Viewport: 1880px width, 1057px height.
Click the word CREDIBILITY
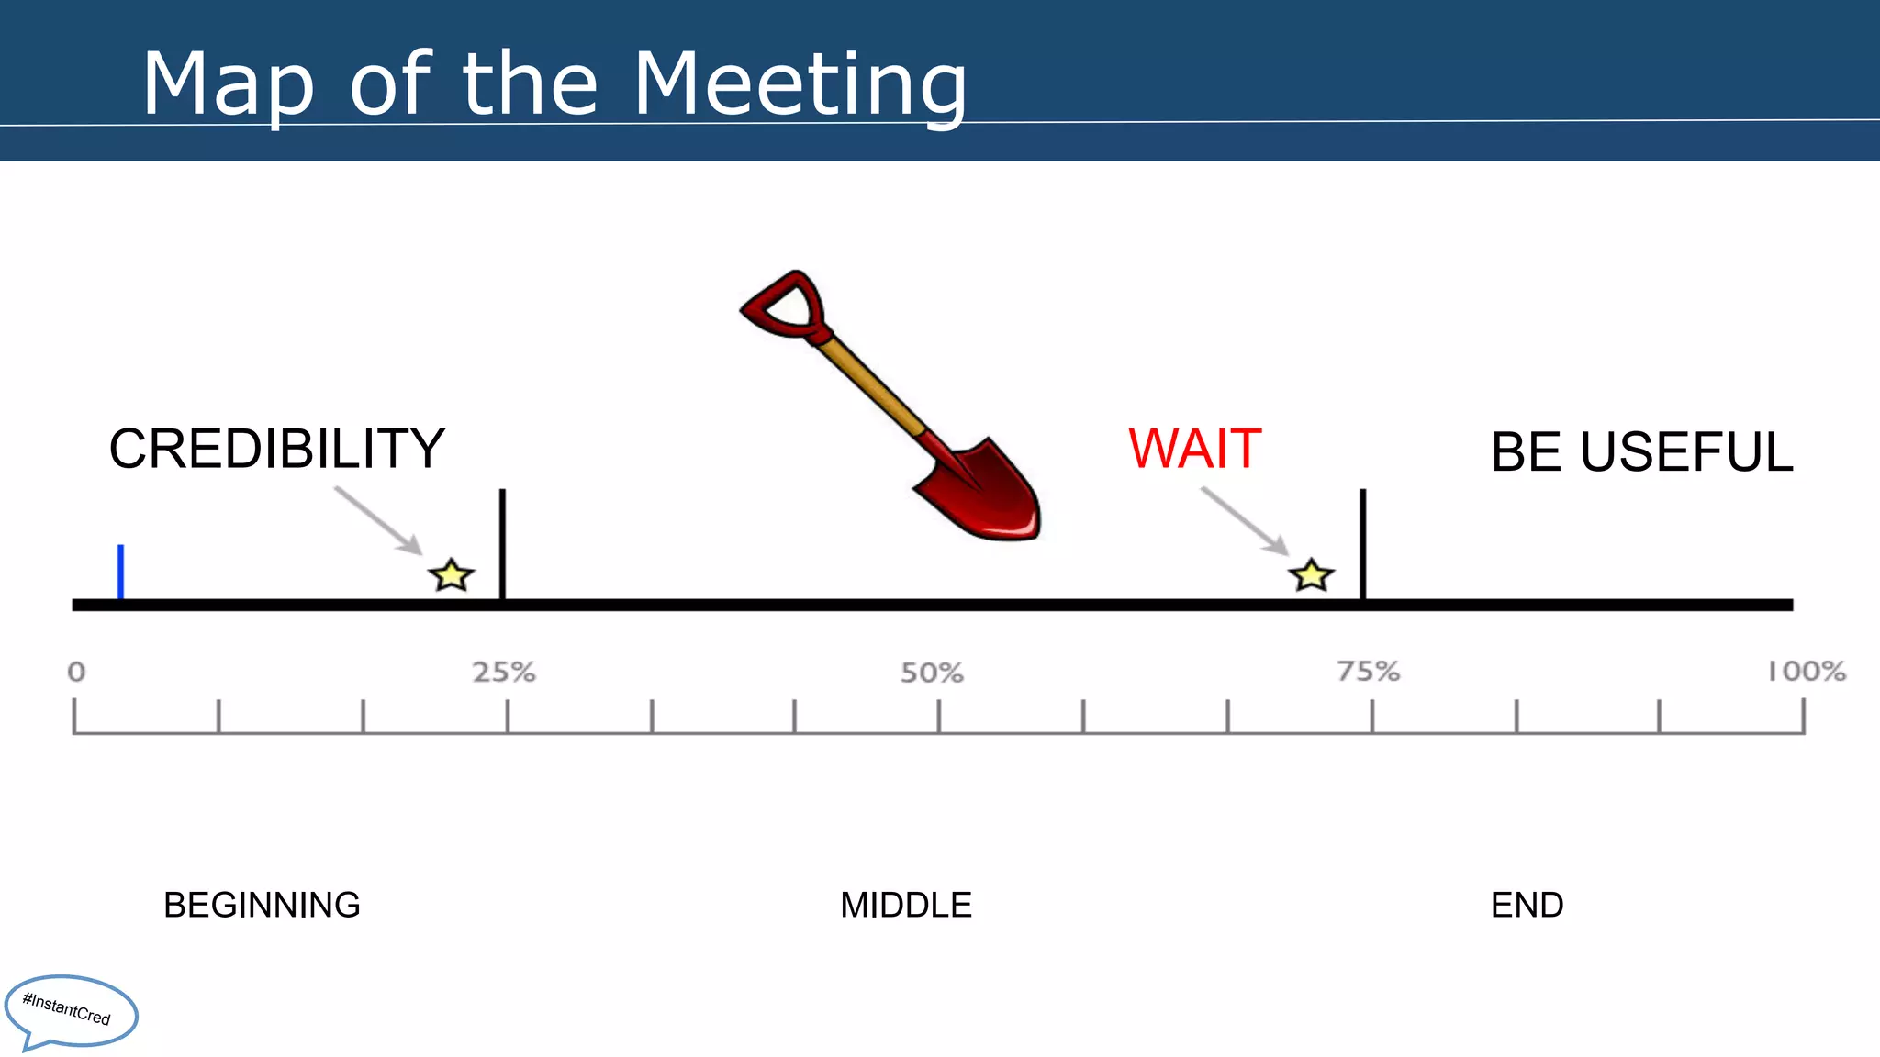(276, 449)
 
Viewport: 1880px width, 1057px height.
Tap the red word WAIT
(1194, 449)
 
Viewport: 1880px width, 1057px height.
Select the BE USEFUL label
(1641, 452)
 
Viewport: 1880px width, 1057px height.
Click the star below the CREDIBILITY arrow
(451, 576)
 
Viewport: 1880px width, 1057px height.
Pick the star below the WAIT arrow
(1311, 576)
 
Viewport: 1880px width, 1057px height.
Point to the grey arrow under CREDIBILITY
(378, 520)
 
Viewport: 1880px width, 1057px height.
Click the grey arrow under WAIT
(1245, 520)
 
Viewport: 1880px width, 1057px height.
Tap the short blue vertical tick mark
(120, 572)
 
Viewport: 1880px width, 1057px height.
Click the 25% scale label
(504, 673)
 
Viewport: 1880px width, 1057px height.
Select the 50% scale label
(932, 673)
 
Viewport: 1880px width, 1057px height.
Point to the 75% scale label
(1368, 672)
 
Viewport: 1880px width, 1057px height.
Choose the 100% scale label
(1807, 672)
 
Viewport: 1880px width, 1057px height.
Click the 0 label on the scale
(76, 673)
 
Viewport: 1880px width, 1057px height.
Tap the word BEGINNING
(262, 905)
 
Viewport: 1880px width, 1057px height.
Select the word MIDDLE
(906, 905)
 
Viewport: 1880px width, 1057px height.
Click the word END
(1527, 905)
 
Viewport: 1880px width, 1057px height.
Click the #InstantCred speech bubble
(70, 1011)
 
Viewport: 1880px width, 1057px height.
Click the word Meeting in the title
(800, 84)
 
